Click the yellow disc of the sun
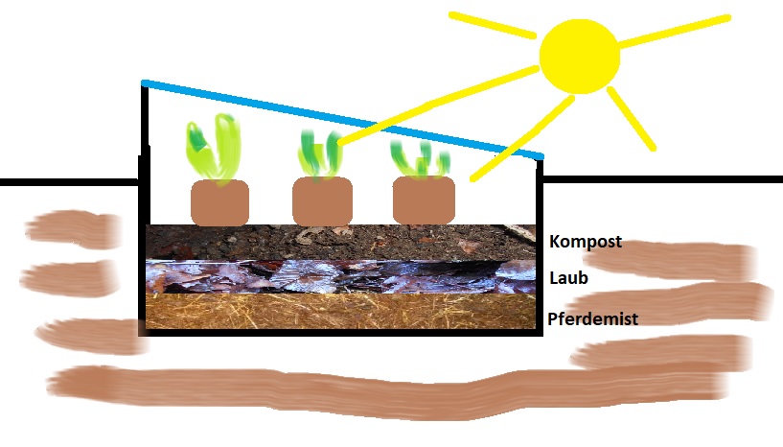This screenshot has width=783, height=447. [x=580, y=55]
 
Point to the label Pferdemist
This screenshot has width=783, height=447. [x=592, y=318]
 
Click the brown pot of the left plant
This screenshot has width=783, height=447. [x=219, y=202]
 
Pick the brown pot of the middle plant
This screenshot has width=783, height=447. [x=322, y=201]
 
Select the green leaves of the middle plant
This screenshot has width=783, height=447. [x=319, y=153]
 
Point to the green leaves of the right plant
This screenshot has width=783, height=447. [x=420, y=160]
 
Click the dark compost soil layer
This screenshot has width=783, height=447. [x=335, y=242]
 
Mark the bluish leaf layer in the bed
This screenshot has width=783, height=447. [x=335, y=276]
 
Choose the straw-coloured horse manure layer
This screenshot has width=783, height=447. [x=335, y=310]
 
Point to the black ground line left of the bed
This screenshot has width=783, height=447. [x=67, y=181]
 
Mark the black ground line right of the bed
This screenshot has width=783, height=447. [x=661, y=179]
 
